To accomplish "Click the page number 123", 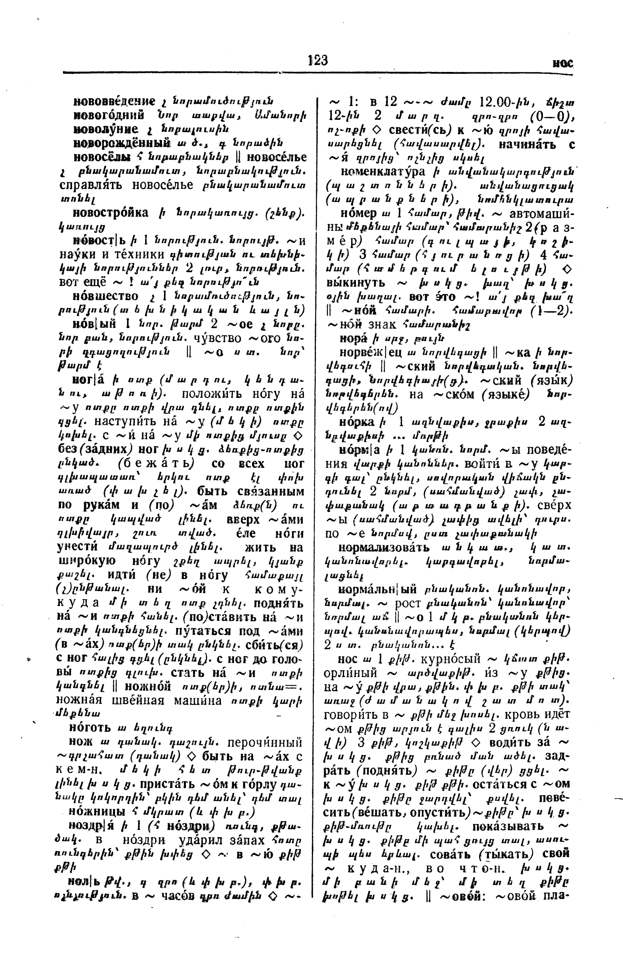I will pos(318,60).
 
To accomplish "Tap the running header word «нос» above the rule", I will pos(563,63).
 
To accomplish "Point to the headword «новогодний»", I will pos(108,115).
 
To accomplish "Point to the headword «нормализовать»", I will pos(383,547).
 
